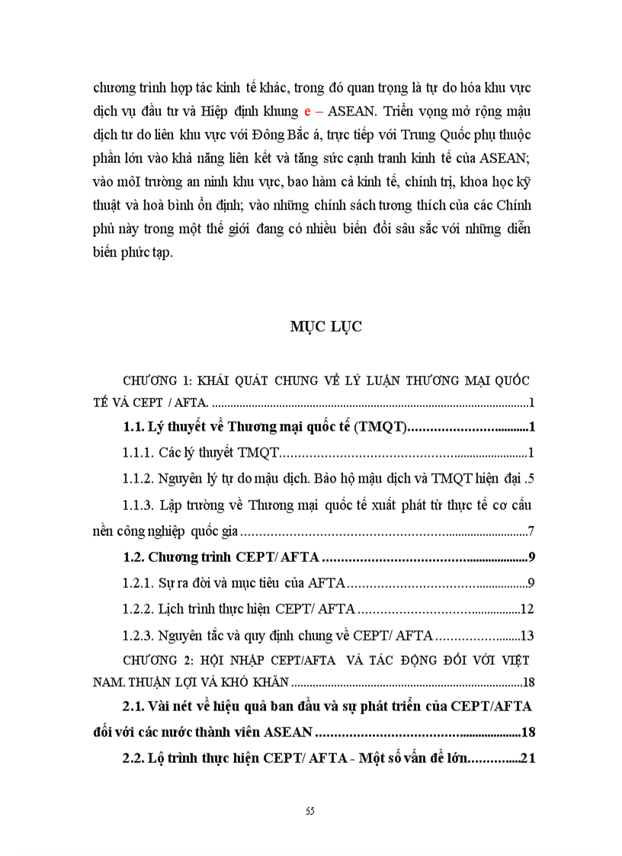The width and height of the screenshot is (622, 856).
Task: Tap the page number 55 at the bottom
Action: [x=310, y=810]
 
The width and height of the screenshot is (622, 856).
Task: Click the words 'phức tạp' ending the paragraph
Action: [x=149, y=254]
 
